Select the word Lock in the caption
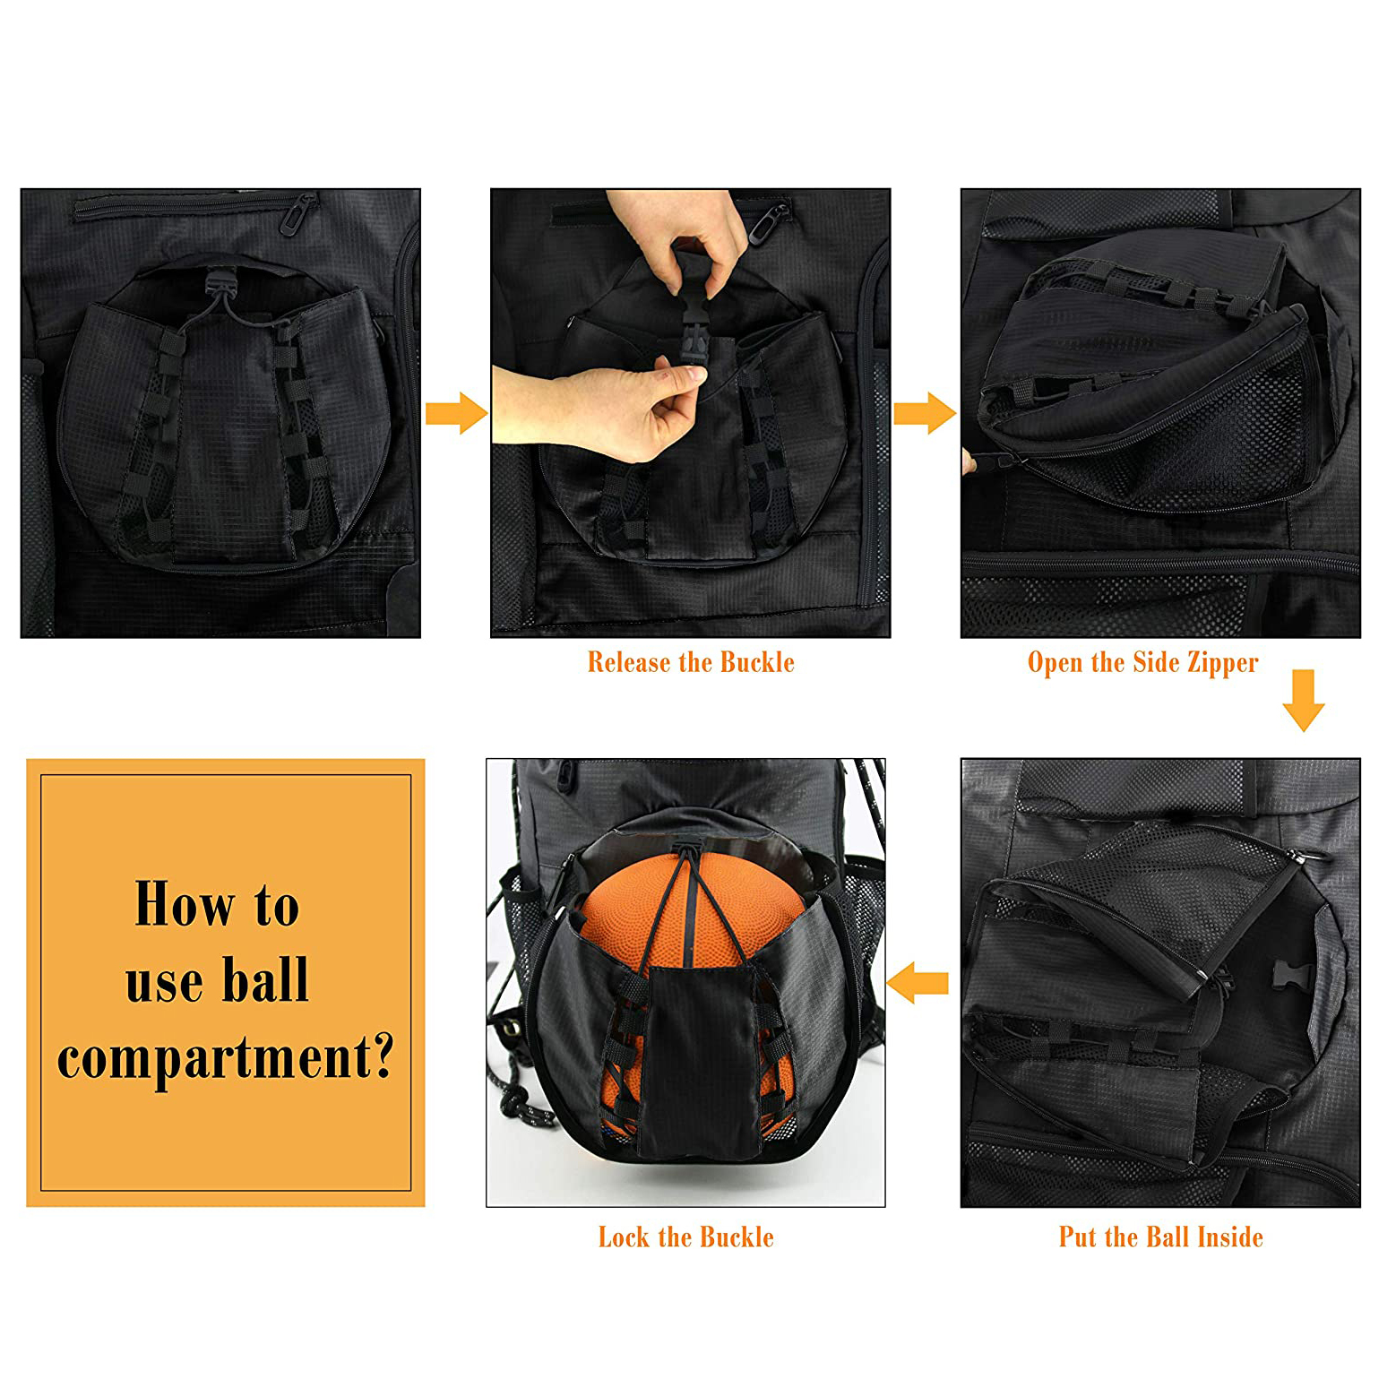pyautogui.click(x=624, y=1237)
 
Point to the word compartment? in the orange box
pyautogui.click(x=225, y=1058)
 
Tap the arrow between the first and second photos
pyautogui.click(x=456, y=413)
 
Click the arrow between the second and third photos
pyautogui.click(x=925, y=413)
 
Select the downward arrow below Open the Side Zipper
pyautogui.click(x=1303, y=700)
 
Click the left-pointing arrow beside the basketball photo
pyautogui.click(x=918, y=983)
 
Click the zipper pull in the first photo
pyautogui.click(x=297, y=215)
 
